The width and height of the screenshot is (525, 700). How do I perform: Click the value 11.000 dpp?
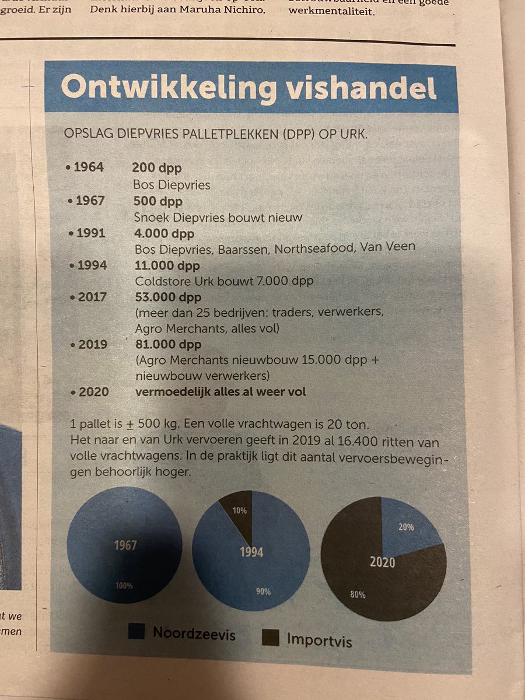pos(167,265)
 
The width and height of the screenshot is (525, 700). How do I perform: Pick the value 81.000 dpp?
pos(167,345)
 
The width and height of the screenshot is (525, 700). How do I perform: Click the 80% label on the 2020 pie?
pos(358,594)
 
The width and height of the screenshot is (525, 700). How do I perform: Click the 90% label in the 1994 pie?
pos(262,591)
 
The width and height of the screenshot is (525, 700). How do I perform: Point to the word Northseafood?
pos(320,246)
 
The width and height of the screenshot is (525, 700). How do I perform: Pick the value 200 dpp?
pos(156,168)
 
